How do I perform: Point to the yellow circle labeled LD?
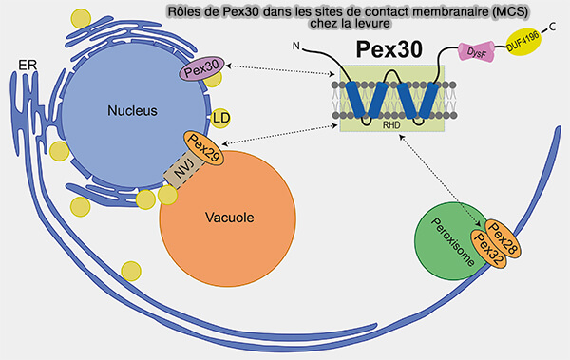tap(222, 117)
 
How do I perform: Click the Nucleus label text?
tap(132, 110)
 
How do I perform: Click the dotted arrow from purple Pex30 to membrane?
tap(274, 69)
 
